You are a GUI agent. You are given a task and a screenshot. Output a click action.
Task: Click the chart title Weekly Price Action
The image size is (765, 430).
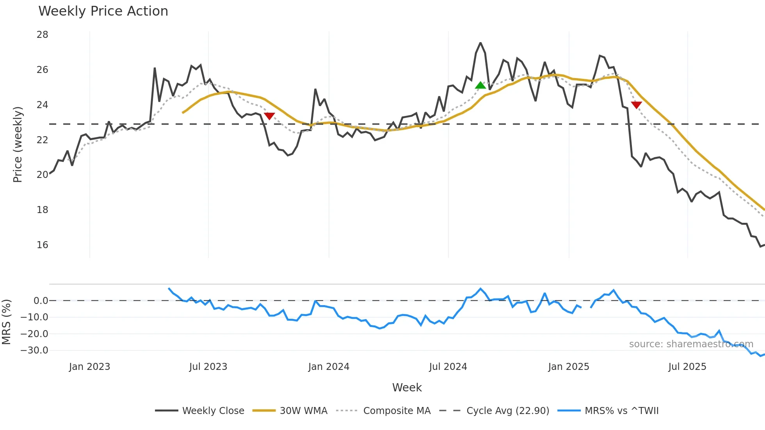pyautogui.click(x=103, y=11)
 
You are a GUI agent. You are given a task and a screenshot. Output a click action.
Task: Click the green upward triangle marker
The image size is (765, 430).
pyautogui.click(x=480, y=85)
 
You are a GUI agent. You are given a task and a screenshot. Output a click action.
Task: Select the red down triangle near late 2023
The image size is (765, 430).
pyautogui.click(x=269, y=116)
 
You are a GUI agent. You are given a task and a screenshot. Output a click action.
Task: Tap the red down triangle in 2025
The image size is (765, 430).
pyautogui.click(x=636, y=105)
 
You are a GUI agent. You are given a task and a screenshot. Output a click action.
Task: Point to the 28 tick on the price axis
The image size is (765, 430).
pyautogui.click(x=43, y=35)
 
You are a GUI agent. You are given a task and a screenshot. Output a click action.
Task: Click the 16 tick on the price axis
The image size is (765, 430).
pyautogui.click(x=43, y=245)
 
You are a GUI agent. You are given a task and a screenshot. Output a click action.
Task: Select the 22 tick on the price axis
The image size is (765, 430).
pyautogui.click(x=43, y=140)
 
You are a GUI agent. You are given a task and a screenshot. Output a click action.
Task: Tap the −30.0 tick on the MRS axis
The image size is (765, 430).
pyautogui.click(x=34, y=350)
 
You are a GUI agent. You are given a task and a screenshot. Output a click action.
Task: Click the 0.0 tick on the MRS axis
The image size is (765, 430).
pyautogui.click(x=41, y=301)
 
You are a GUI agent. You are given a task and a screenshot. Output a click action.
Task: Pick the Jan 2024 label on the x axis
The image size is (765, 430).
pyautogui.click(x=329, y=367)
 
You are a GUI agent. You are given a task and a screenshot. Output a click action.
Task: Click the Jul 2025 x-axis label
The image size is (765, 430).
pyautogui.click(x=687, y=367)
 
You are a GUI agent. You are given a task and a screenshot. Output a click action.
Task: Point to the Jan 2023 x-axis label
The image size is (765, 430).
pyautogui.click(x=89, y=367)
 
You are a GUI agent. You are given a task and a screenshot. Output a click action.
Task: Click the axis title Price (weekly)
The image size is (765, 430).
pyautogui.click(x=18, y=144)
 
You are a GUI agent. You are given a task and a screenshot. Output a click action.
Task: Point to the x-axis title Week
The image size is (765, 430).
pyautogui.click(x=407, y=387)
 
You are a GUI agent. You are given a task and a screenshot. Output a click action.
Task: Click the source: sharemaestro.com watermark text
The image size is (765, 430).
pyautogui.click(x=691, y=344)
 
